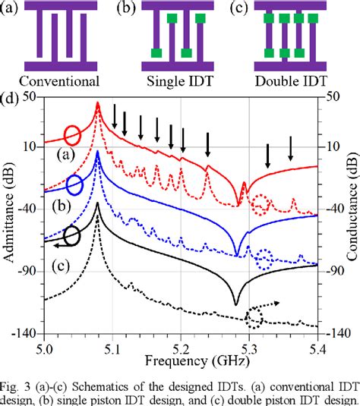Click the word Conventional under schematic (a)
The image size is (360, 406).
click(x=59, y=80)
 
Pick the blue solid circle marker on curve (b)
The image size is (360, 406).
click(x=74, y=184)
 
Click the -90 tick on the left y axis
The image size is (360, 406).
click(x=27, y=266)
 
